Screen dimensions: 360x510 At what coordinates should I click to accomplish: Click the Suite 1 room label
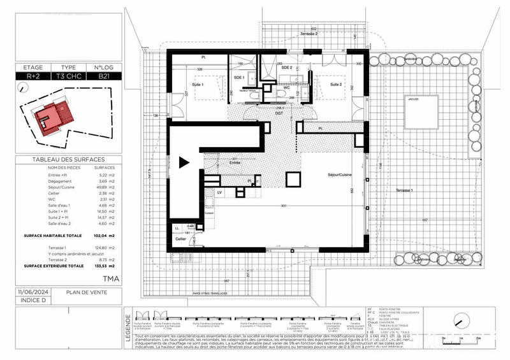pyautogui.click(x=200, y=85)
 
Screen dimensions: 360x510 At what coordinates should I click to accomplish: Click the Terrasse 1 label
pyautogui.click(x=403, y=191)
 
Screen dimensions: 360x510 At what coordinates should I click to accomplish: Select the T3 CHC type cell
pyautogui.click(x=68, y=76)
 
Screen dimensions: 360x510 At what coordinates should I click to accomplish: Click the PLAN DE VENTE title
pyautogui.click(x=86, y=294)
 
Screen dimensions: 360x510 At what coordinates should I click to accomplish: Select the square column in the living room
pyautogui.click(x=293, y=180)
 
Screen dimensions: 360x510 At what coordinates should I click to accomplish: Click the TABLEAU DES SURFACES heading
pyautogui.click(x=68, y=160)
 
